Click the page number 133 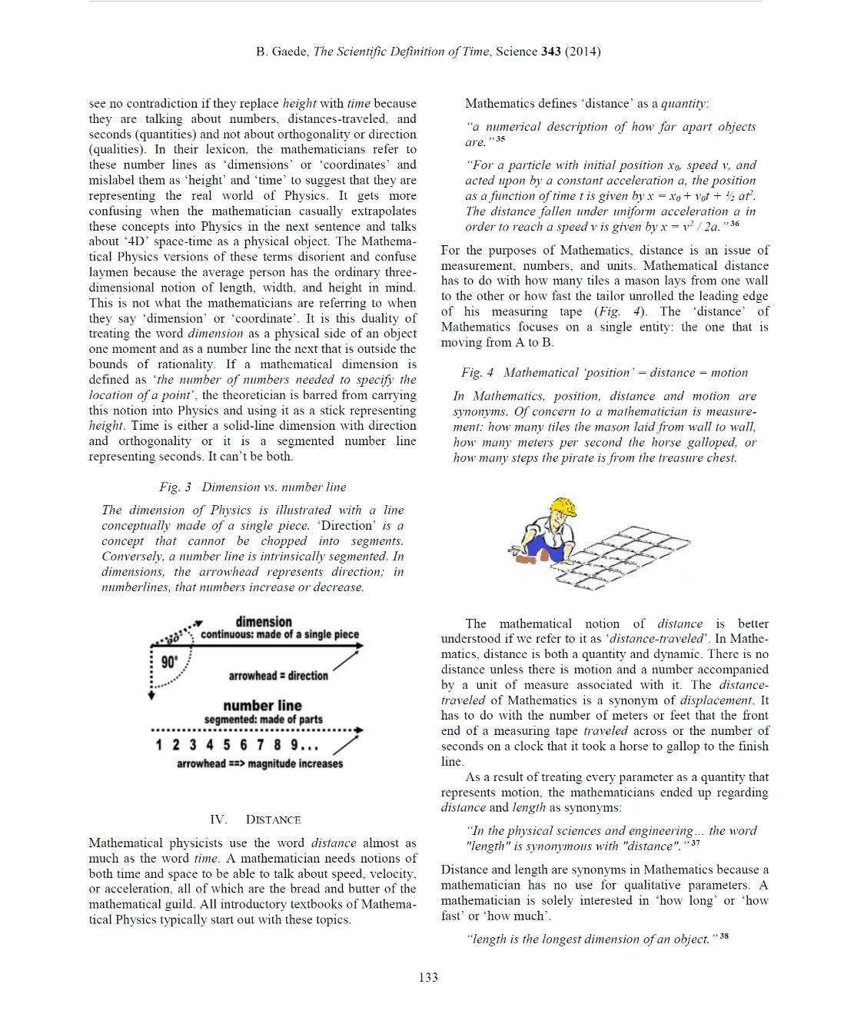point(428,977)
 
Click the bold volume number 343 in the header point(550,52)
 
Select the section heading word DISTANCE point(273,820)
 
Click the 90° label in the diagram point(169,662)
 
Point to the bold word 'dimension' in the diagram point(264,621)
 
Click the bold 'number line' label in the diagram point(262,705)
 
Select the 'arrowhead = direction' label point(277,676)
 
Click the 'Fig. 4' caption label point(477,372)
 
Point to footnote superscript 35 point(500,139)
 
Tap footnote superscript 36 point(734,224)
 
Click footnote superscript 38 point(724,936)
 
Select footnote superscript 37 point(695,843)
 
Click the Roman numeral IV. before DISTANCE point(218,820)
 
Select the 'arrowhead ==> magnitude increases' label point(259,763)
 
